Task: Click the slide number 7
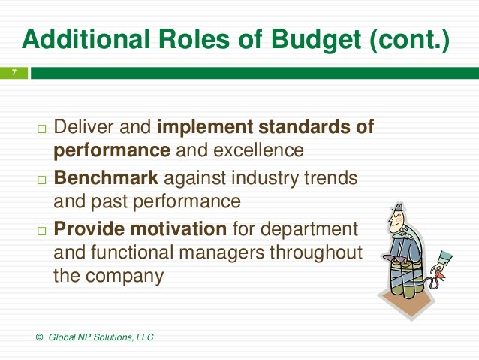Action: (14, 73)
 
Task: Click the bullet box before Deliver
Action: (41, 129)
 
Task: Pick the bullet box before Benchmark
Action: (41, 180)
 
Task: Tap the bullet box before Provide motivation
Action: (41, 231)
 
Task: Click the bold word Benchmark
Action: (106, 180)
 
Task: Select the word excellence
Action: (258, 150)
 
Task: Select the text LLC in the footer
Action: (143, 337)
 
